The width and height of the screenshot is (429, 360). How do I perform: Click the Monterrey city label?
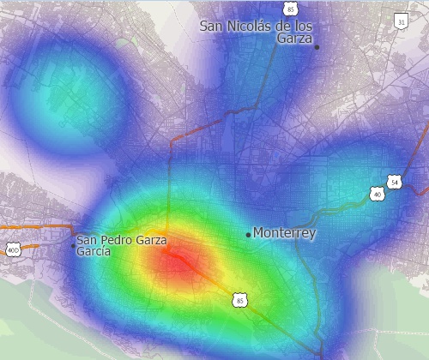(x=285, y=233)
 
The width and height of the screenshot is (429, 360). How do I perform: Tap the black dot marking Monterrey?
(x=248, y=235)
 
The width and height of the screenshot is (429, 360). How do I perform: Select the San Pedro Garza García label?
(x=120, y=246)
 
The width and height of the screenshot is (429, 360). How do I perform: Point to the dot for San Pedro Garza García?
(x=73, y=246)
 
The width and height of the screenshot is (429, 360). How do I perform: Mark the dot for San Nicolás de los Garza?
(x=317, y=47)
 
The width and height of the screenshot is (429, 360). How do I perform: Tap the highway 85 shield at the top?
(x=291, y=8)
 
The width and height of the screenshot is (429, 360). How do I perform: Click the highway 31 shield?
(x=401, y=21)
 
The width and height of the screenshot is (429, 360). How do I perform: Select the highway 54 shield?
(x=394, y=183)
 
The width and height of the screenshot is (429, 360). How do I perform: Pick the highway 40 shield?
(x=378, y=194)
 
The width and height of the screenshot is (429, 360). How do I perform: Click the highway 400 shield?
(x=12, y=250)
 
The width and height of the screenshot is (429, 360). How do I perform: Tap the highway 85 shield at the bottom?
(x=239, y=300)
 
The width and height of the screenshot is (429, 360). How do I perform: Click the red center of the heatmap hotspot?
(x=180, y=261)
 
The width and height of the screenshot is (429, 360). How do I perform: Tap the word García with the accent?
(x=94, y=252)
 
